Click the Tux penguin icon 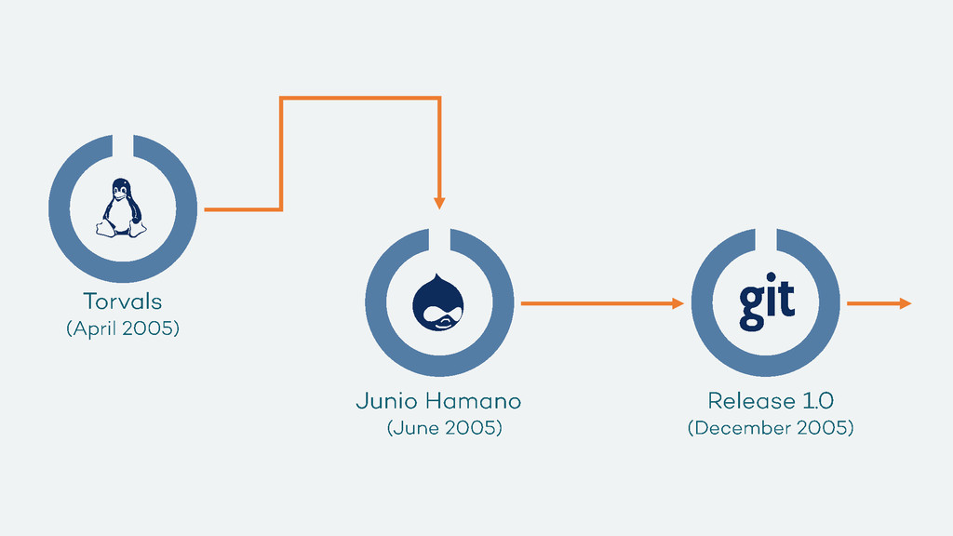point(122,208)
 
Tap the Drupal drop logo point(438,302)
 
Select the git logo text point(767,301)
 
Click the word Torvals point(122,301)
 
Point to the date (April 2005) point(122,328)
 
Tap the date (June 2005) point(444,428)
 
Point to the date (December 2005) point(771,428)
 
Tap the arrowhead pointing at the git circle point(678,303)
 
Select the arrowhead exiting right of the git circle point(905,303)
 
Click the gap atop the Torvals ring point(123,143)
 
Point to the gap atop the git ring point(766,237)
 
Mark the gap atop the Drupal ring point(439,237)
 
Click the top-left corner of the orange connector point(281,98)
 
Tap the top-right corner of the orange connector point(439,98)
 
